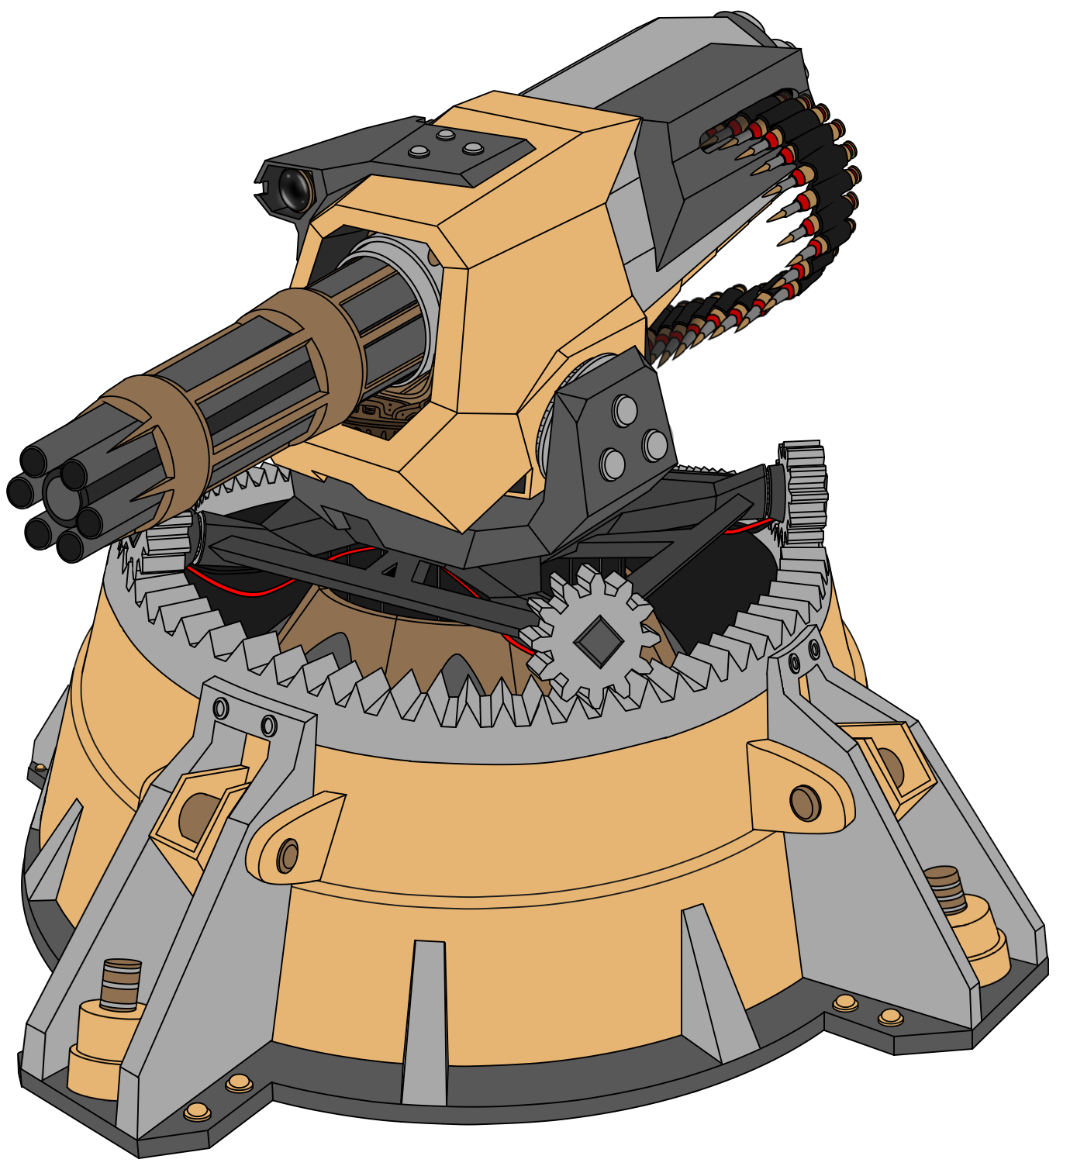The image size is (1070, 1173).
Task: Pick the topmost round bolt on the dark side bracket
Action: (x=624, y=410)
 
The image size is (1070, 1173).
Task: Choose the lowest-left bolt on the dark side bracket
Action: (x=612, y=464)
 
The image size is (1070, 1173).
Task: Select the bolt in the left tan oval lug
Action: (x=288, y=856)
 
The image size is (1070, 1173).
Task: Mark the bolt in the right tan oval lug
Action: (x=805, y=802)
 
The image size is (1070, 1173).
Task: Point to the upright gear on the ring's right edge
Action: (x=802, y=496)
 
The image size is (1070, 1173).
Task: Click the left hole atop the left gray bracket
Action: (x=221, y=709)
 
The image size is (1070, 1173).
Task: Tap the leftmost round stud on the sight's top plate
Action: (x=419, y=151)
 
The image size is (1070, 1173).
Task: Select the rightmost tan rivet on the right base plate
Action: (x=890, y=1016)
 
